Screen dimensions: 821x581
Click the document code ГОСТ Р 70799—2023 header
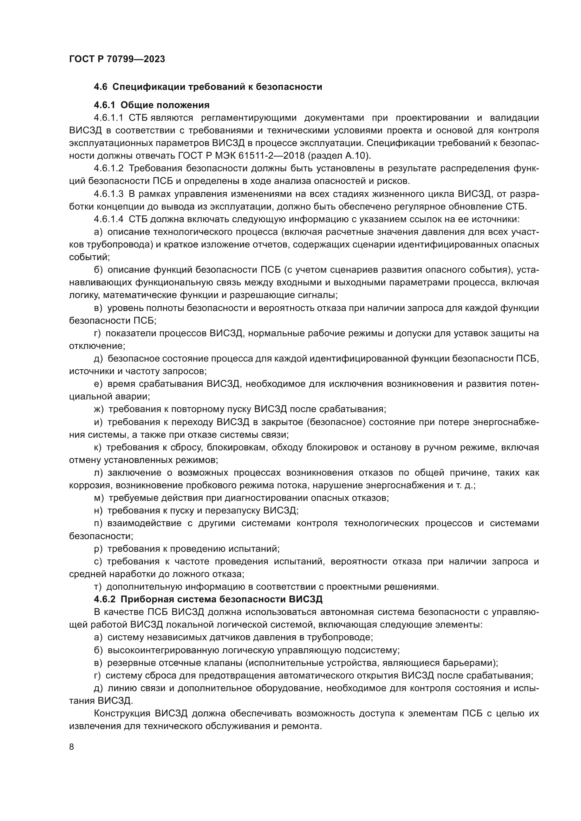coord(117,59)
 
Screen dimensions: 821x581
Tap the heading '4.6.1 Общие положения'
coord(151,105)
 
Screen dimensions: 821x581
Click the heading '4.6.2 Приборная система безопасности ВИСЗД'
coord(208,599)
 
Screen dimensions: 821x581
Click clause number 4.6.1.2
coord(109,168)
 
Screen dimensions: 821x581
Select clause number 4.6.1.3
coord(109,194)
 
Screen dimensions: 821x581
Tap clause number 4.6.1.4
coord(109,219)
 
